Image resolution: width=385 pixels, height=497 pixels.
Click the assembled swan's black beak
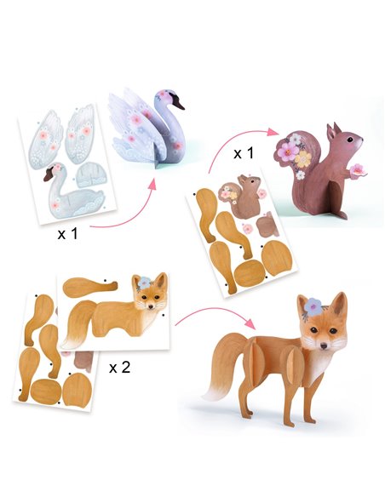coord(178,100)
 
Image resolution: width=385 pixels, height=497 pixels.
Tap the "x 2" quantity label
coord(119,368)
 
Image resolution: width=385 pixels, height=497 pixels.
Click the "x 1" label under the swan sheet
coord(67,234)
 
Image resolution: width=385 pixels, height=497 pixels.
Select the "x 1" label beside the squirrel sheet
coord(244,153)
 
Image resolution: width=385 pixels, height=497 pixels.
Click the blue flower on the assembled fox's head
coord(313,306)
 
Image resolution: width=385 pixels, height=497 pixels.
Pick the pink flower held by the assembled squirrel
coord(358,170)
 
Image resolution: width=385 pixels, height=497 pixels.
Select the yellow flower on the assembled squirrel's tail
coord(303,159)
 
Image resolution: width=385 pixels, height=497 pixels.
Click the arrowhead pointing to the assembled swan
coord(152,184)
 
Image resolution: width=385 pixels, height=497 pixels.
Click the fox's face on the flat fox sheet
coord(150,294)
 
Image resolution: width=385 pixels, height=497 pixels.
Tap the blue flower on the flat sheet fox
coord(145,282)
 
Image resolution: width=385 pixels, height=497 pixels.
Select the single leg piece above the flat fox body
coord(90,287)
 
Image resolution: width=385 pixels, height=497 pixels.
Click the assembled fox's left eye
coord(314,330)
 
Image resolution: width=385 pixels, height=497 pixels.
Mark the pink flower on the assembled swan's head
coord(164,94)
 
